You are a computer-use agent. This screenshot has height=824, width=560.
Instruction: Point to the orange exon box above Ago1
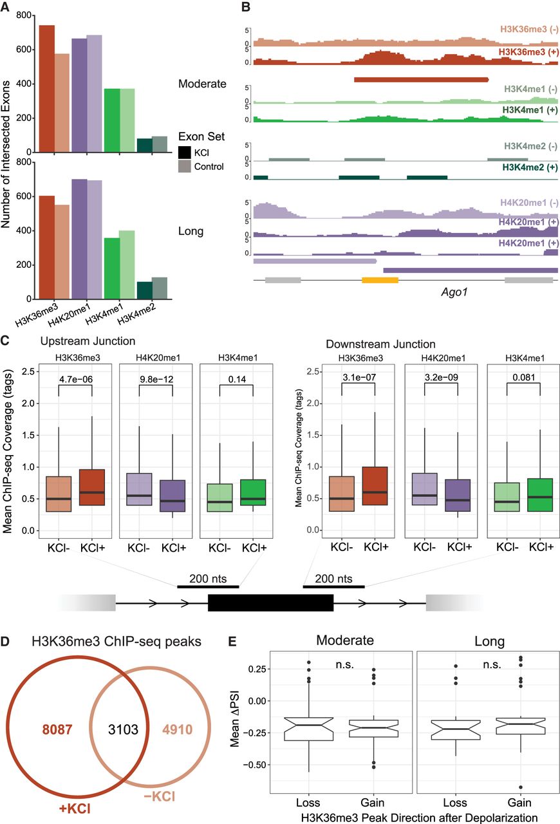pyautogui.click(x=380, y=280)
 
